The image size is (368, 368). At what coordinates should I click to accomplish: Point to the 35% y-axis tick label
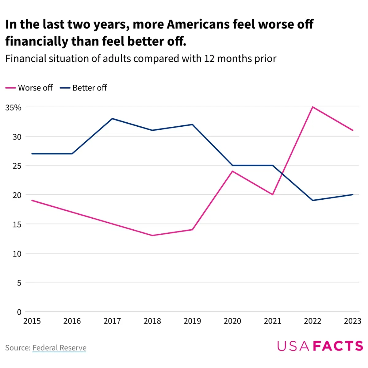click(13, 108)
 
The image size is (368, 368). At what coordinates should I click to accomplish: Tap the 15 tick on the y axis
click(17, 224)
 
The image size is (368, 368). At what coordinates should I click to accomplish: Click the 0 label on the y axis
click(19, 312)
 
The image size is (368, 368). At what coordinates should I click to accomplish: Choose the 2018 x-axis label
click(152, 321)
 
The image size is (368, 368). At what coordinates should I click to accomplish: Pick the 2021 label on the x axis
click(272, 321)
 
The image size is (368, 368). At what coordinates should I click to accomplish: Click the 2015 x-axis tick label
click(32, 321)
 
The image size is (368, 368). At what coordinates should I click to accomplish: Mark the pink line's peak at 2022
click(312, 107)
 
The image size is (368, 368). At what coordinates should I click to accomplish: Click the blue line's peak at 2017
click(112, 119)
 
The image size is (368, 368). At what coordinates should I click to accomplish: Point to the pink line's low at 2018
click(152, 236)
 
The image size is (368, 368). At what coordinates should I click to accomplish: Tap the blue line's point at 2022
click(312, 200)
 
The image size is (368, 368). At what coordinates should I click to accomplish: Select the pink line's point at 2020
click(232, 171)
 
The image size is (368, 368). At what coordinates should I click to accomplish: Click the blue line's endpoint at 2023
click(353, 194)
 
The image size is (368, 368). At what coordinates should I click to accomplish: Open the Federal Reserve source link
click(59, 348)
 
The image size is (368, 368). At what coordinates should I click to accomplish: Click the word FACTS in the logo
click(338, 346)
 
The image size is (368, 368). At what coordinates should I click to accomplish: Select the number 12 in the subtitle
click(209, 58)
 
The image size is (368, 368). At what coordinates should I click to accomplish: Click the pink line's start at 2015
click(32, 200)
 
